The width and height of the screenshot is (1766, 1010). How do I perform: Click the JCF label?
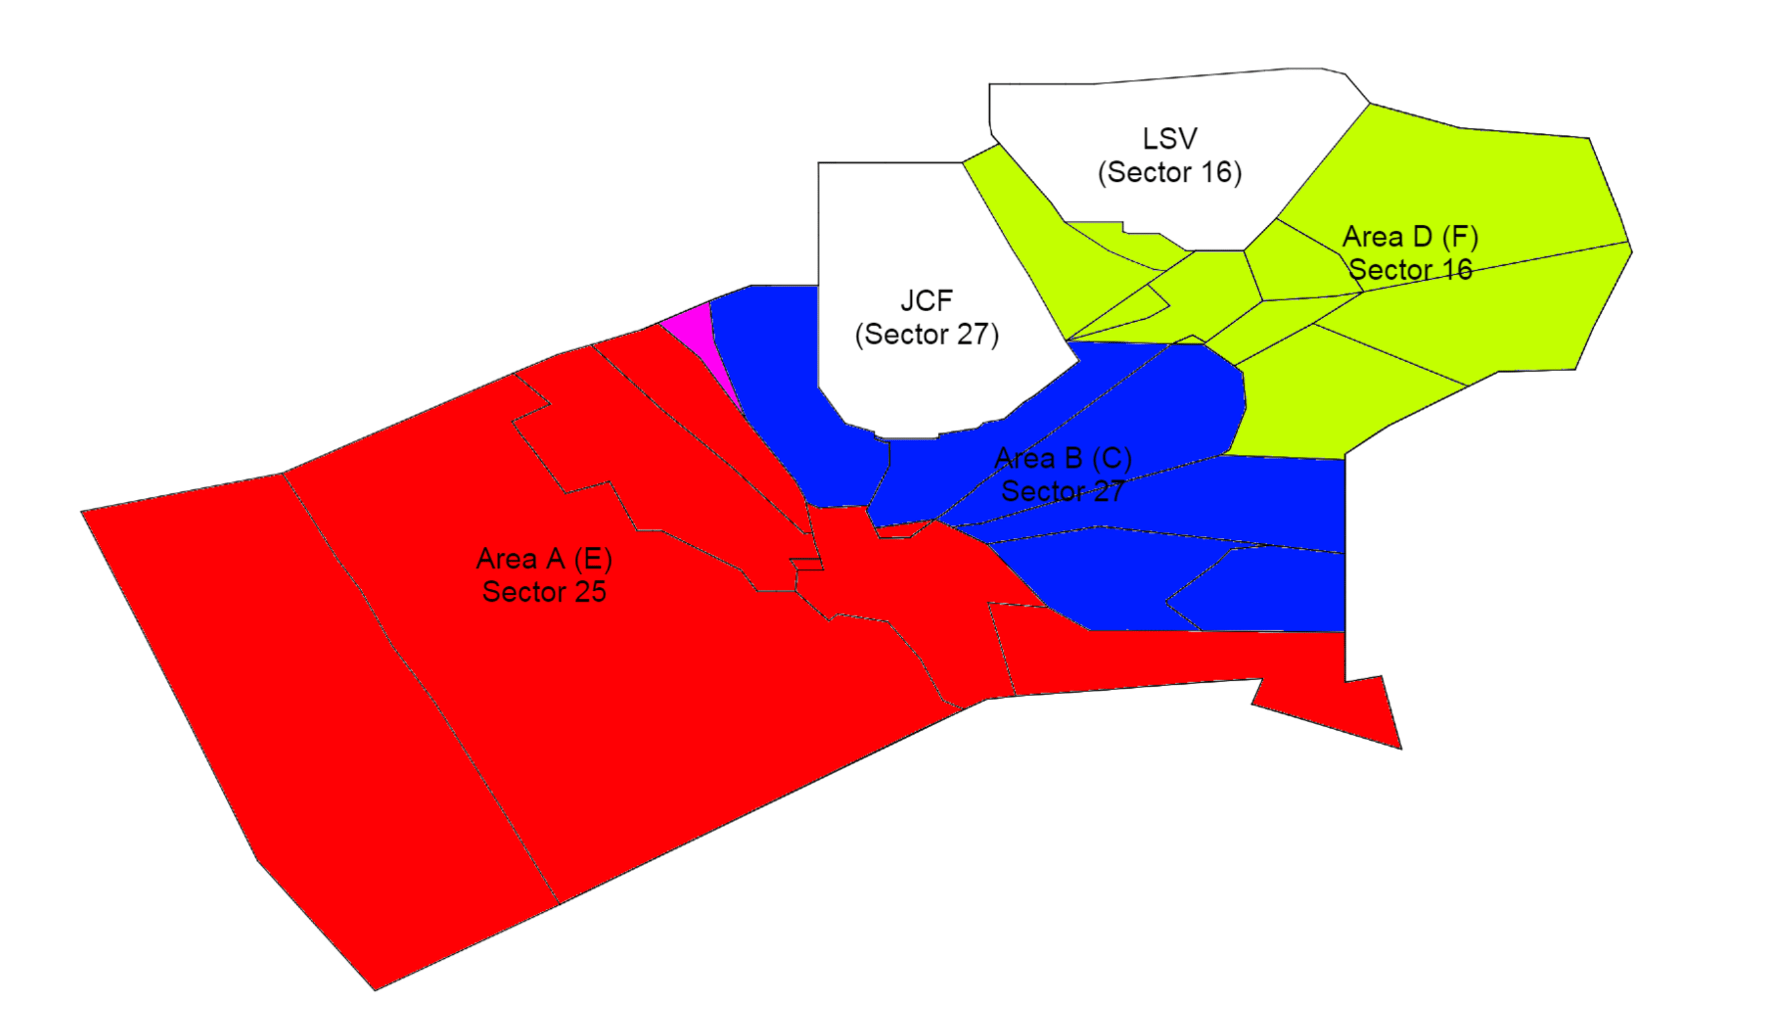click(927, 301)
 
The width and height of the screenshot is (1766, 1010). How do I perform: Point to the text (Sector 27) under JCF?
click(927, 335)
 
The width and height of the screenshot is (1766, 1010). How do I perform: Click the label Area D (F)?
click(1410, 237)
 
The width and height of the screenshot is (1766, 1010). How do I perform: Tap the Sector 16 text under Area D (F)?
click(1410, 270)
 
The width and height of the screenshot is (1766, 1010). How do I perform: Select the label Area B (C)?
click(1062, 459)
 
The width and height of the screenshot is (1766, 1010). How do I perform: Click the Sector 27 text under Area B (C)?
click(1062, 492)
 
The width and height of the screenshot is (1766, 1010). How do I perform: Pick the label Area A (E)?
click(544, 559)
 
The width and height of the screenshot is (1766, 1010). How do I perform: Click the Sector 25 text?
click(544, 592)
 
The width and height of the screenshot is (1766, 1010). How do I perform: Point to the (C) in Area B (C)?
click(1111, 459)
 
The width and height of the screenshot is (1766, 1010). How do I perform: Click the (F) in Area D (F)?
click(1460, 237)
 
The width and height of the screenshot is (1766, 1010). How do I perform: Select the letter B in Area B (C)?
click(1073, 459)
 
